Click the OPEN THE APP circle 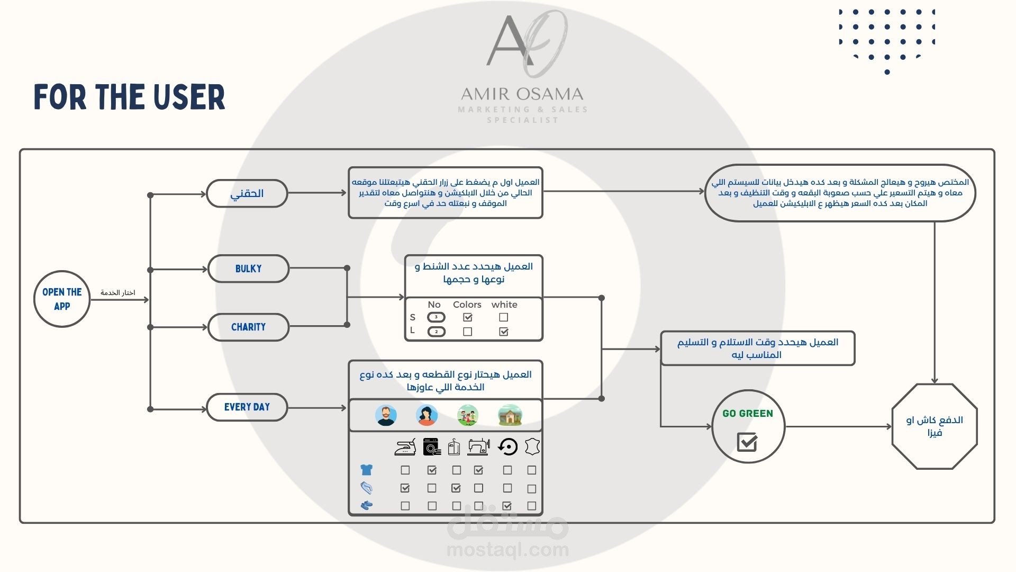point(62,299)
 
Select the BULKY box point(248,269)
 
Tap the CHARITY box point(248,327)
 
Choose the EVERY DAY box point(247,407)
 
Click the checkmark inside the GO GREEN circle point(747,442)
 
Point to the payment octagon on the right point(934,426)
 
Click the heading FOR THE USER point(130,97)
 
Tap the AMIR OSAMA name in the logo point(522,94)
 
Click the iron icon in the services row point(405,448)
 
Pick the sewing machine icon point(478,447)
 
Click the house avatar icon point(510,415)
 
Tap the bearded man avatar point(386,415)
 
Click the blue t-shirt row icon point(366,470)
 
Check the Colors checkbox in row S point(467,317)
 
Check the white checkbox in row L point(504,332)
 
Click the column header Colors point(467,305)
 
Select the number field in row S point(436,317)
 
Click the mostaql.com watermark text point(507,550)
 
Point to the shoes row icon point(366,505)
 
